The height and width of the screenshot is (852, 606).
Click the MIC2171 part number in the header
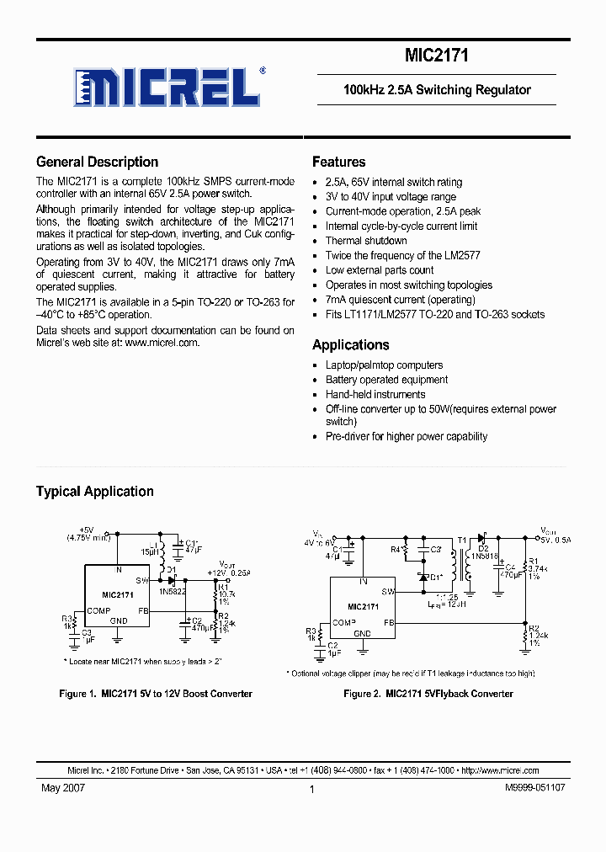tap(436, 56)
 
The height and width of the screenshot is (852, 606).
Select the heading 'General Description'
tap(97, 162)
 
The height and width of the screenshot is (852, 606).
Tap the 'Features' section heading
tap(338, 162)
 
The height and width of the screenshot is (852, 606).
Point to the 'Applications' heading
tap(350, 345)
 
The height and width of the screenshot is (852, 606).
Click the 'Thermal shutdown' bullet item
tap(366, 241)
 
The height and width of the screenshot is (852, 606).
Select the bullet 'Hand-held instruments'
tap(375, 395)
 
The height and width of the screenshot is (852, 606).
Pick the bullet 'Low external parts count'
tap(380, 270)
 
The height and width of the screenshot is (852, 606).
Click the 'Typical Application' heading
tap(94, 492)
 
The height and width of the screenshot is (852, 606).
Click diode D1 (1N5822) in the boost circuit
tap(171, 580)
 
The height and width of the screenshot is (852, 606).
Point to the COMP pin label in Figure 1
tap(98, 611)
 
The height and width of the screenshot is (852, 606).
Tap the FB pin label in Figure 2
tap(390, 623)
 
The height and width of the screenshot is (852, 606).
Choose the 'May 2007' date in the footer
tap(62, 789)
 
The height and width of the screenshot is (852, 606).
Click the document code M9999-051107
tap(534, 789)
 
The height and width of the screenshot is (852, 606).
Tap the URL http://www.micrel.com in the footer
tap(501, 770)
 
